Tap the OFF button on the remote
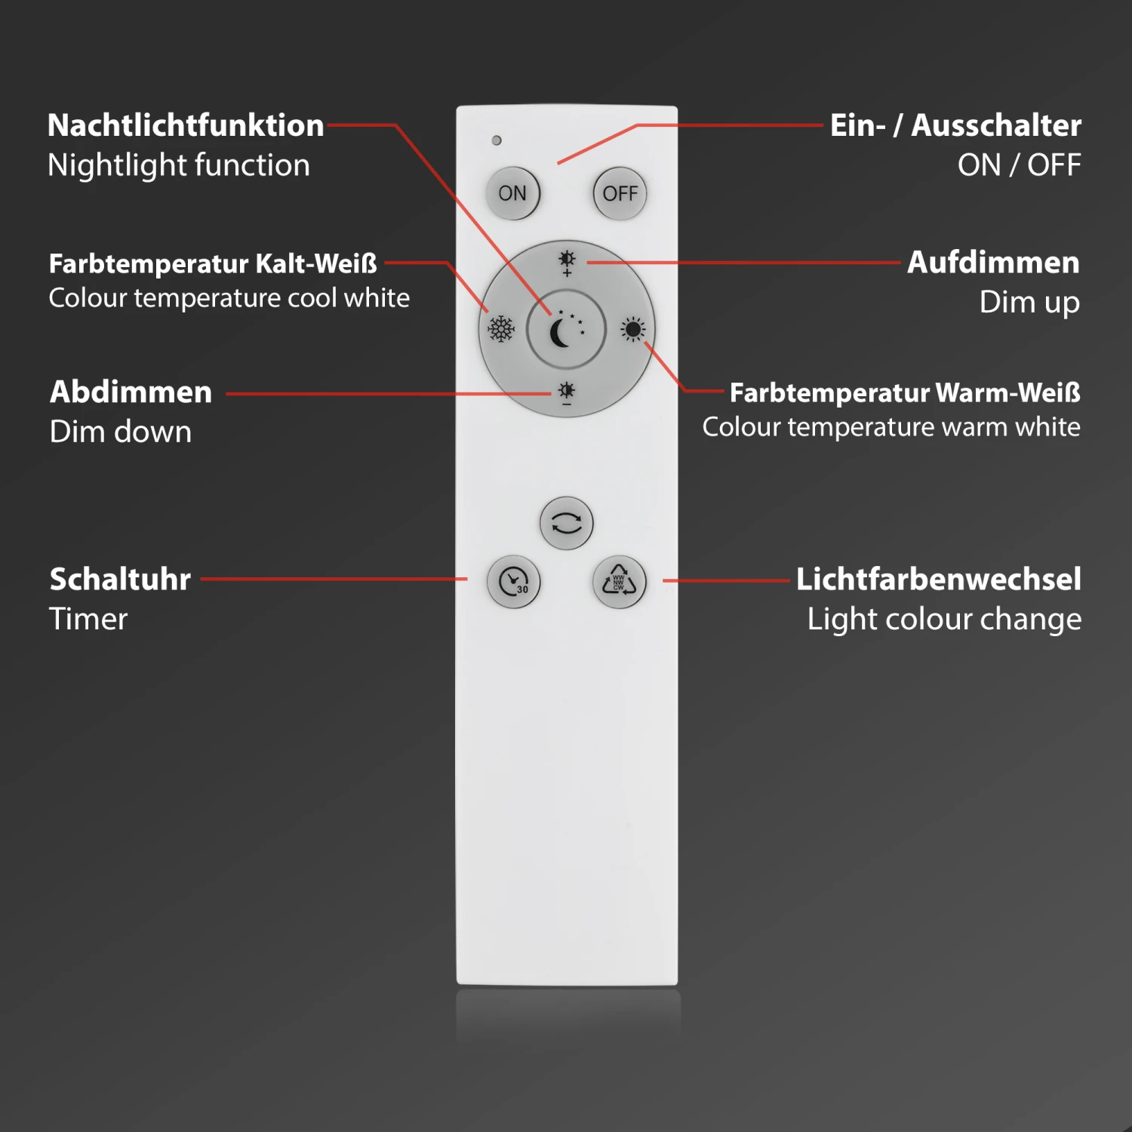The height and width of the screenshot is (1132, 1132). [620, 193]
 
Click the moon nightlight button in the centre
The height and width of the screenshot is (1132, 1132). [565, 330]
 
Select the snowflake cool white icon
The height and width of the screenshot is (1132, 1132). [501, 329]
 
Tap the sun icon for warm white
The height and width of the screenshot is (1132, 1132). [632, 329]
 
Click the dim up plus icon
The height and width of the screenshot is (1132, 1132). [567, 263]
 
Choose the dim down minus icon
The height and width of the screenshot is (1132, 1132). [566, 394]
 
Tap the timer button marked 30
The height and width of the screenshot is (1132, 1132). [514, 582]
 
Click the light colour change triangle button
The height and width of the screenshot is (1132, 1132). [619, 582]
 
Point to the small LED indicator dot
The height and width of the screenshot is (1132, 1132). [497, 140]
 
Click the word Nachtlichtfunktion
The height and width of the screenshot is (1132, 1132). [186, 125]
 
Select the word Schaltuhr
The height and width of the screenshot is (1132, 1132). [120, 579]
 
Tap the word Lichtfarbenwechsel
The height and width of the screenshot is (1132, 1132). [938, 579]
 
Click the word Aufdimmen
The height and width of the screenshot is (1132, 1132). [993, 263]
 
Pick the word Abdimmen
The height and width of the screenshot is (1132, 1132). [131, 392]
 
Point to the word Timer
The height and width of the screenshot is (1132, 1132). [88, 619]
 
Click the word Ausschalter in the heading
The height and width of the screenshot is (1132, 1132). [996, 125]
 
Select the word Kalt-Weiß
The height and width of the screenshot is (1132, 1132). [316, 263]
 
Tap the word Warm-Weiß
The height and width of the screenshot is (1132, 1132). [1007, 392]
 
